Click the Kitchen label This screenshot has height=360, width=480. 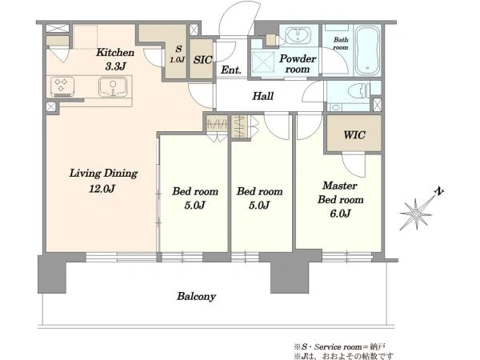pos(115,52)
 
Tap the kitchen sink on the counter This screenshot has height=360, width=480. pos(113,86)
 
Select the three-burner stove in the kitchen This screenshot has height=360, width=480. pos(62,86)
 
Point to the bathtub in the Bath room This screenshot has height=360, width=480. pos(367,51)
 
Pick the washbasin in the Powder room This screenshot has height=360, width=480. pos(298,35)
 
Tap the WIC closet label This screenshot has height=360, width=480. pos(354,134)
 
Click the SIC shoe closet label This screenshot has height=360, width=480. pos(202,60)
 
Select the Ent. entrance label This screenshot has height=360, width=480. pos(231,70)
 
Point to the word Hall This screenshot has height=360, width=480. pos(262,96)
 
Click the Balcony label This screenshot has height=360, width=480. pos(197,296)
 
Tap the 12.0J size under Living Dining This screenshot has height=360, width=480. pos(102,189)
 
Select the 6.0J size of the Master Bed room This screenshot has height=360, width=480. pos(340,213)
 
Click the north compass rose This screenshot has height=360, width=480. pos(416,214)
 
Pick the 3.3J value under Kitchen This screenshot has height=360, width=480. pos(115,66)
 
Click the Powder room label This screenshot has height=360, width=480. pos(298,64)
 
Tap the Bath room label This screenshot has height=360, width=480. pos(341,43)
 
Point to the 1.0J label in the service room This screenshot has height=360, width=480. pos(178,59)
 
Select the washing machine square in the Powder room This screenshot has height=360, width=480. pos(263,62)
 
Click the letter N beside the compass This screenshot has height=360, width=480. pos(439,192)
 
